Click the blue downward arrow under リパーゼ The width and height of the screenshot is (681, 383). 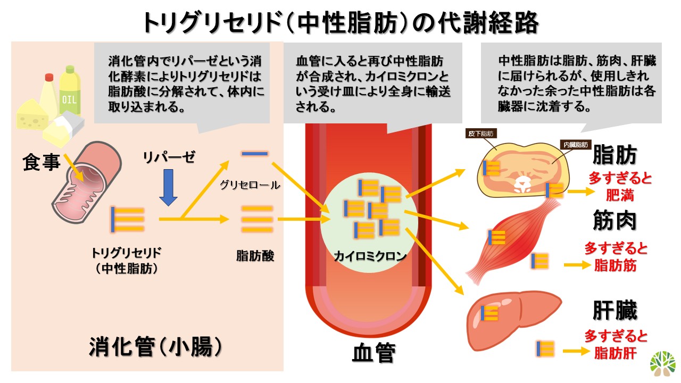point(168,188)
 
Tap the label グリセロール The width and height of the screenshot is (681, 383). point(250,186)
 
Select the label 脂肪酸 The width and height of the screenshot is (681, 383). point(255,256)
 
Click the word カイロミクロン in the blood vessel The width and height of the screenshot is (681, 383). point(370,256)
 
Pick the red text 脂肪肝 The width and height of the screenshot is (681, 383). point(616,352)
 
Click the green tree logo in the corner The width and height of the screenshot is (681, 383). point(662,363)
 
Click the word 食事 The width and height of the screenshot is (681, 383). point(41,162)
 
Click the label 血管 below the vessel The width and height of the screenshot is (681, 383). point(373,353)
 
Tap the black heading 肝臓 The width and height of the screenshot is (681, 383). point(614,311)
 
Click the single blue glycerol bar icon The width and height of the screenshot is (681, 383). point(254,154)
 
